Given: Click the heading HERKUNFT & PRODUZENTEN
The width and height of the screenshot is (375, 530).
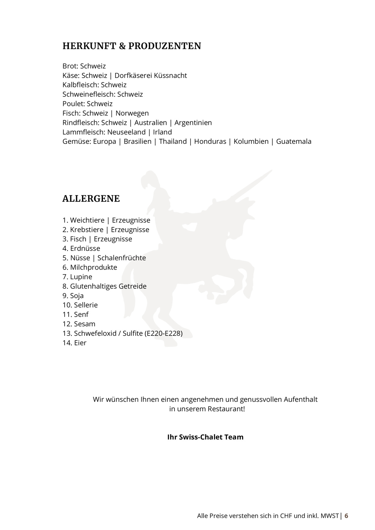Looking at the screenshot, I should [132, 46].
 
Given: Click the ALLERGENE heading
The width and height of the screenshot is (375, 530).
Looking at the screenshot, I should [91, 199].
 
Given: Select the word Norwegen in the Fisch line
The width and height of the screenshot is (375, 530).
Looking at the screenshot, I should [132, 113].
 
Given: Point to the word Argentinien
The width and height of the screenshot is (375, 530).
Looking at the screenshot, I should [193, 123].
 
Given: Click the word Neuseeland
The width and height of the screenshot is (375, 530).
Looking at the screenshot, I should [126, 132].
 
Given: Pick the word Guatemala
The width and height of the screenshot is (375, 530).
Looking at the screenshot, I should [294, 141].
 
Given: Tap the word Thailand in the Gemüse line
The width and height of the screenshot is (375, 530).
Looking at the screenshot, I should [173, 141].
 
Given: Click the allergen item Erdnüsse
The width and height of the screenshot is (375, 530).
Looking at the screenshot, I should [85, 248].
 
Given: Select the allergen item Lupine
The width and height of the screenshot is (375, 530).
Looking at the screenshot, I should [81, 277].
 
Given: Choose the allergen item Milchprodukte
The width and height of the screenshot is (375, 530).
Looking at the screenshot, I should [94, 267].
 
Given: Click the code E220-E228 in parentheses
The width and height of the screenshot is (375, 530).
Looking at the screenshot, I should [163, 333].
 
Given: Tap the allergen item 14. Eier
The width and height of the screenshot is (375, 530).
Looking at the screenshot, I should [75, 343].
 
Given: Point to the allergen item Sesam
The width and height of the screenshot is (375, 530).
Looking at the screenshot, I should [84, 324].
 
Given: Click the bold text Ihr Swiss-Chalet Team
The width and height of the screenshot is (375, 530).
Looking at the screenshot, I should [205, 437].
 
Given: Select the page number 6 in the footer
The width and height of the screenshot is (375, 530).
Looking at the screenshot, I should [346, 516].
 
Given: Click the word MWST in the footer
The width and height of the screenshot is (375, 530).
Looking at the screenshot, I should [330, 516].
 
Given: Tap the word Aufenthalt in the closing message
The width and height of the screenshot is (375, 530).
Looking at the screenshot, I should [300, 399].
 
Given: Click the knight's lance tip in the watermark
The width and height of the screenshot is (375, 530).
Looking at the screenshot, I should [270, 171].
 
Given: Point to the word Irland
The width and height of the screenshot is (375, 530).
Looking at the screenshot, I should [162, 132].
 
